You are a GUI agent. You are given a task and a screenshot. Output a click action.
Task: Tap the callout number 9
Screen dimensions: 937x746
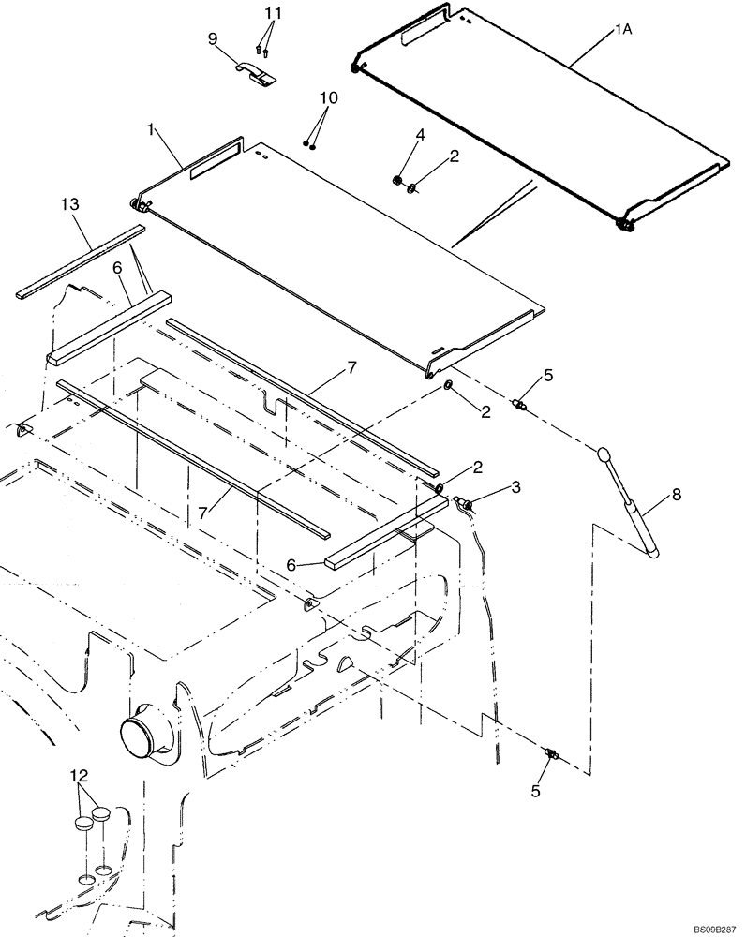coord(213,38)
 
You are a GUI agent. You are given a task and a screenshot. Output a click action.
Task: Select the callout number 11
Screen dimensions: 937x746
coord(272,14)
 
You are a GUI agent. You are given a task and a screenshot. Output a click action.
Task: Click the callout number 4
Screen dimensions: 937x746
coord(420,135)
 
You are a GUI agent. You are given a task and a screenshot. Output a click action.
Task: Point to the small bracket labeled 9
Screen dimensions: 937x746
coord(256,74)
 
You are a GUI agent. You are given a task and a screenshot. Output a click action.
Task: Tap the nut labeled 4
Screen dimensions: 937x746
coord(397,181)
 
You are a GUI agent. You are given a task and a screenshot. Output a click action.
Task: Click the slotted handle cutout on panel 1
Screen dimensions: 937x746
coord(215,160)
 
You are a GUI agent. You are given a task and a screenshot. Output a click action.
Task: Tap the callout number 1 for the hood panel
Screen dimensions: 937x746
coord(150,127)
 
